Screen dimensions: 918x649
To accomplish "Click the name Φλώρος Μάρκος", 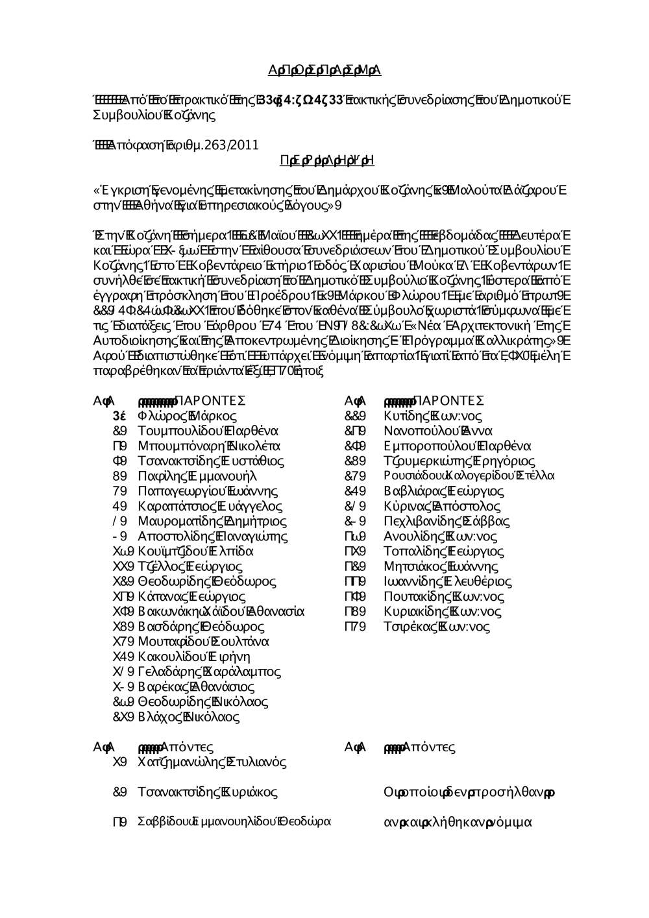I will [187, 416].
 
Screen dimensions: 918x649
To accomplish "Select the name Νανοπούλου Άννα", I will [438, 431].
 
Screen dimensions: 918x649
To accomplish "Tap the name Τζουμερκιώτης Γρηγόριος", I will [459, 461].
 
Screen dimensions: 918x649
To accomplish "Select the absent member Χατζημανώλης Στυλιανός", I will [212, 762].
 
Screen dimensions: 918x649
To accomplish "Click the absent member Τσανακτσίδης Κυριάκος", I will [208, 792].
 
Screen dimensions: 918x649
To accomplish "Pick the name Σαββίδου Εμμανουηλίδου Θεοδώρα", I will [234, 822].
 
